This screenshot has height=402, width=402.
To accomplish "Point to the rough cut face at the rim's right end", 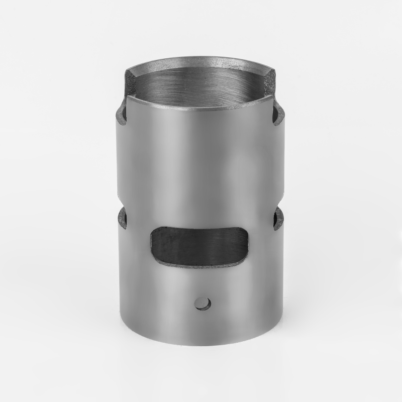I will tap(271, 80).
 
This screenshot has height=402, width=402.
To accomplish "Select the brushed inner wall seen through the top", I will tap(201, 85).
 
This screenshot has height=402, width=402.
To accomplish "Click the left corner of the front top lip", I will tap(128, 97).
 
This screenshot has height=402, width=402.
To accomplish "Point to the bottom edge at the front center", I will tap(201, 344).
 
